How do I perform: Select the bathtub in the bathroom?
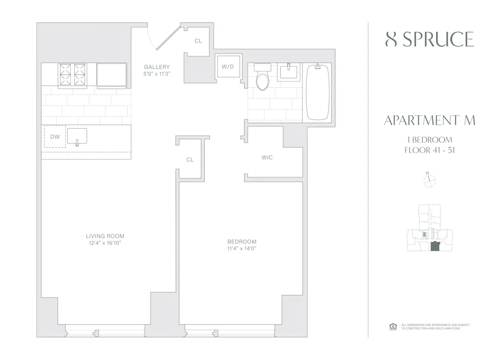click(x=318, y=92)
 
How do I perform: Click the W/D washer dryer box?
click(x=228, y=66)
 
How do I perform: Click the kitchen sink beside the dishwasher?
click(x=77, y=136)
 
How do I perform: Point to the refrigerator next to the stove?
click(x=111, y=75)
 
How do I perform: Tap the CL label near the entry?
click(x=198, y=41)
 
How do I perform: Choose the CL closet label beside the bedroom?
click(x=190, y=160)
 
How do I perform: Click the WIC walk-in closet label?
click(x=267, y=157)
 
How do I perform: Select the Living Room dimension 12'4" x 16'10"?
click(x=105, y=243)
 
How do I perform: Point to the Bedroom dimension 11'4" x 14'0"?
click(x=242, y=249)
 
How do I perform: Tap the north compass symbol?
click(x=429, y=181)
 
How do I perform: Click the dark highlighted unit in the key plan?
click(x=434, y=247)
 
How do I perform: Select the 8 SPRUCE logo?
click(x=429, y=39)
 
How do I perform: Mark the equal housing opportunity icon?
click(x=393, y=326)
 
